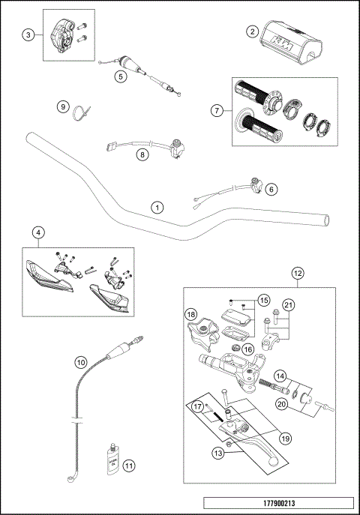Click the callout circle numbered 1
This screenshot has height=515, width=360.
tap(157, 205)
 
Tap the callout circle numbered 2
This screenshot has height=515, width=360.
tap(253, 31)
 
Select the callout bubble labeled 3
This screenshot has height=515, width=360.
tap(28, 34)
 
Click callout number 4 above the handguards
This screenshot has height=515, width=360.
tap(38, 232)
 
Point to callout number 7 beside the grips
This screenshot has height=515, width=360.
tap(217, 110)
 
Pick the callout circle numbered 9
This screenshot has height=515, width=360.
tap(64, 107)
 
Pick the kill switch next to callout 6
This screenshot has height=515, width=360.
tap(259, 184)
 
